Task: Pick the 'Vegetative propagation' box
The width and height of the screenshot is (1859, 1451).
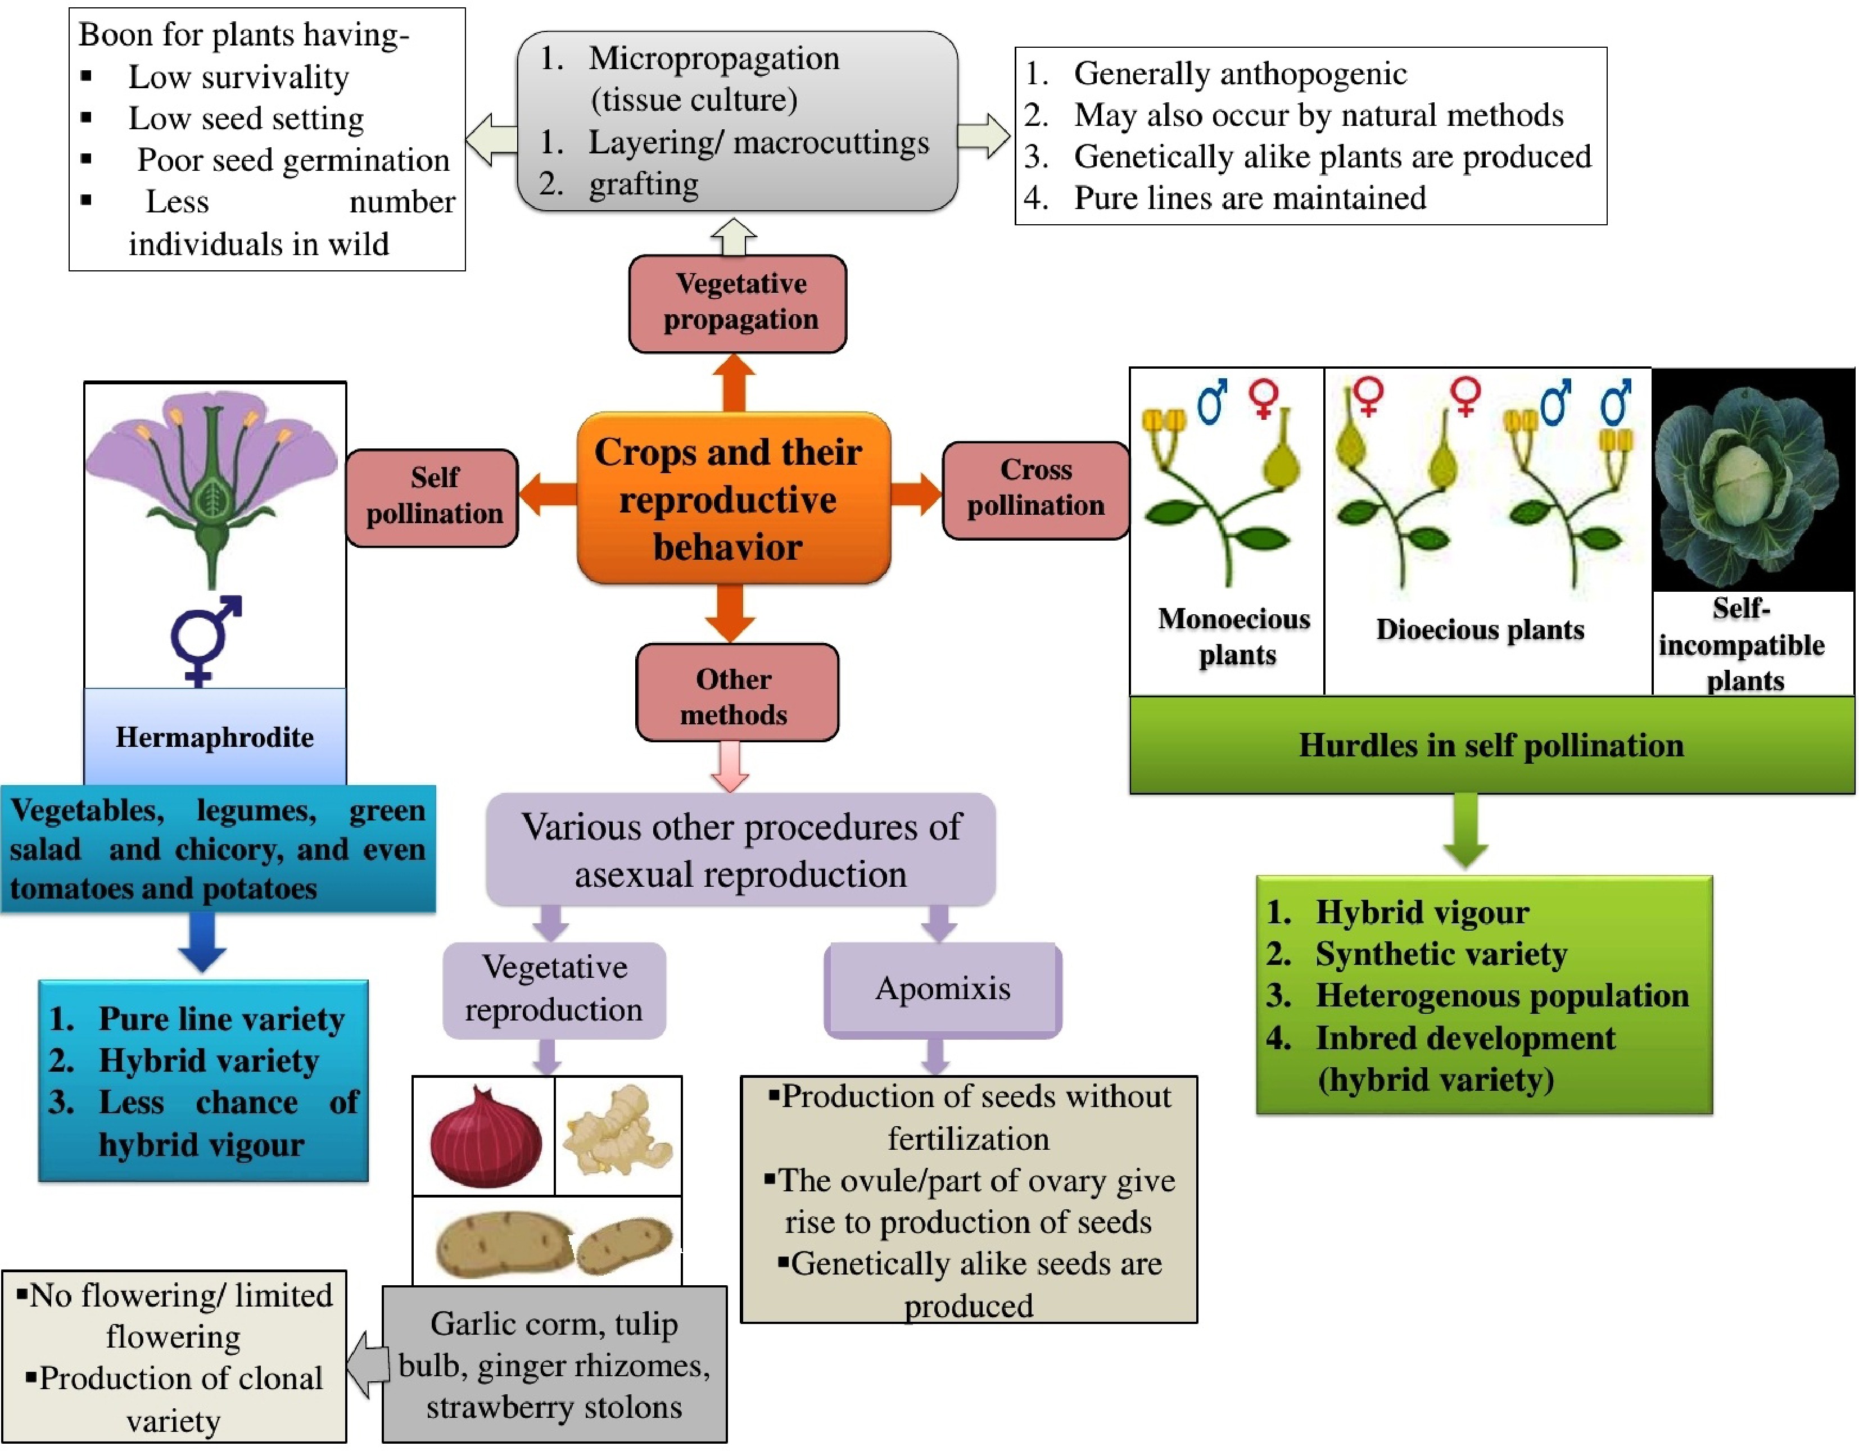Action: click(737, 302)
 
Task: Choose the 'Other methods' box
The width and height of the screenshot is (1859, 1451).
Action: click(736, 693)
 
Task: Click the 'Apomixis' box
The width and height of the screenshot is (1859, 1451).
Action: click(942, 989)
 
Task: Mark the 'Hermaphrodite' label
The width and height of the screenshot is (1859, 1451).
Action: click(215, 737)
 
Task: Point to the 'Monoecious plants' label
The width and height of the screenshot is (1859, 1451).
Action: click(1236, 637)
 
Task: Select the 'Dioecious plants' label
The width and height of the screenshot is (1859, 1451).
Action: click(1480, 630)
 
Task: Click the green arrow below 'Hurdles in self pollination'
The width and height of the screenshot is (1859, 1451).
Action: click(1465, 831)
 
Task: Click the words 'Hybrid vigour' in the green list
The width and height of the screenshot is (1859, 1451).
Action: click(1422, 912)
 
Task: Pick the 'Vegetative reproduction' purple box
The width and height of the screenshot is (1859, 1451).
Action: click(554, 989)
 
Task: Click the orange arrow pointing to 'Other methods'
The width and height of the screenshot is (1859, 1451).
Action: click(730, 613)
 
